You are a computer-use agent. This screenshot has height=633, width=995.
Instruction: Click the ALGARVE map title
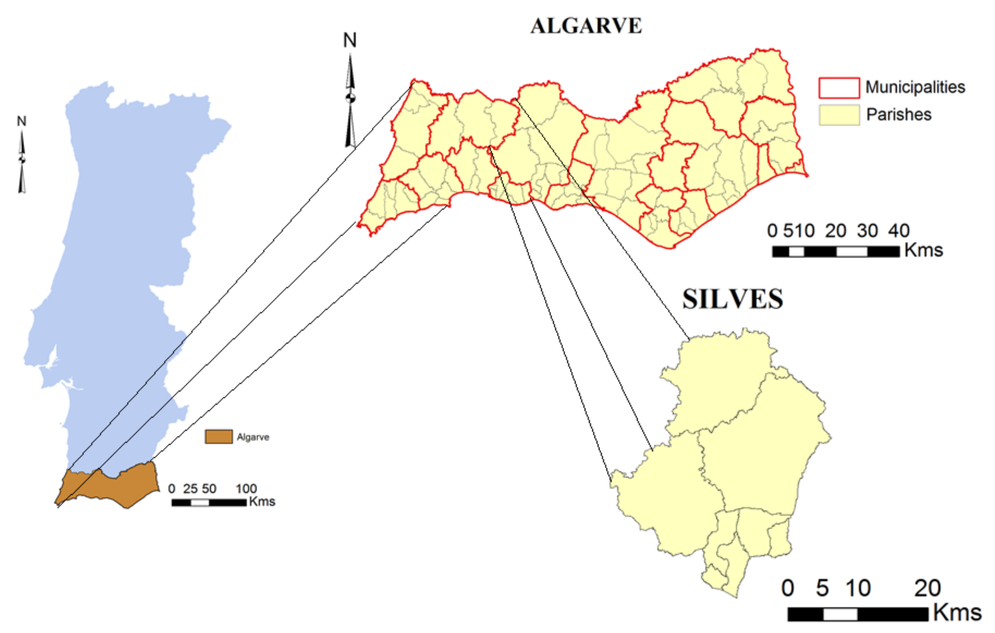pos(586,26)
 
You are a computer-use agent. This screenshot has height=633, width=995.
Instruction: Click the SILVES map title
pos(732,299)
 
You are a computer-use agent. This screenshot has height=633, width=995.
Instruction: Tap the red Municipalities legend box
pos(839,88)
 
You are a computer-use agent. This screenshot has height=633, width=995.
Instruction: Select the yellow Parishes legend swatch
pos(839,115)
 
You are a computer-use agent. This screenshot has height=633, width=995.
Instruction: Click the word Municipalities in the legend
pos(915,87)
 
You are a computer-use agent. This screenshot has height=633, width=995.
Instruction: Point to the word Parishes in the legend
pos(899,115)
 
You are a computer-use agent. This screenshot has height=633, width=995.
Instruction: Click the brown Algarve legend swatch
pos(219,437)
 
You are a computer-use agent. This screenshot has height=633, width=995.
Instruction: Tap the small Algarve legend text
pos(253,437)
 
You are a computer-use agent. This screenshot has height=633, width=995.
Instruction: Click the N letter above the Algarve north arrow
pos(350,40)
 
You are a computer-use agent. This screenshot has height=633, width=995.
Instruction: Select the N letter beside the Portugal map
pos(21,121)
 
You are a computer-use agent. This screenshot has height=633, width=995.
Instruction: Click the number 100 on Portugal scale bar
pos(246,489)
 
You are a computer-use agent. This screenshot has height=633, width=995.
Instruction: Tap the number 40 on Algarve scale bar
pos(899,231)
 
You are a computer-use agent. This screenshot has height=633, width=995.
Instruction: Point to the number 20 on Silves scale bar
pos(927,588)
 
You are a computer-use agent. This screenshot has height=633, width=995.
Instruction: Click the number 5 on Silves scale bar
pos(822,588)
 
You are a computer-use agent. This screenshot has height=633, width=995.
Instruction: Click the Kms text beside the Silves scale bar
pos(957,613)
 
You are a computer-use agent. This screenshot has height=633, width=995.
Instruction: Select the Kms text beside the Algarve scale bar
pos(924,250)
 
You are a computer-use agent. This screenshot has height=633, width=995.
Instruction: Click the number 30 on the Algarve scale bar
pos(867,231)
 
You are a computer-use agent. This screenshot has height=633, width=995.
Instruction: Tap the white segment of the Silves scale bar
pos(840,614)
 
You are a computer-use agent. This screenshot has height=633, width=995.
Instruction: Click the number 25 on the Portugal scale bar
pos(190,489)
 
